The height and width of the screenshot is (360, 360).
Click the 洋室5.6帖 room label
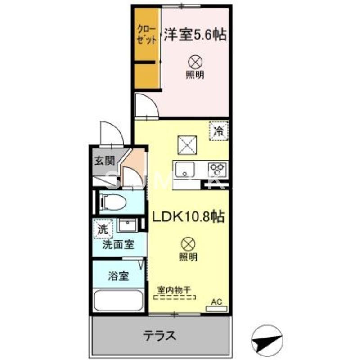(194, 34)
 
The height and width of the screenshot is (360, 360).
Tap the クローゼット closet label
(147, 35)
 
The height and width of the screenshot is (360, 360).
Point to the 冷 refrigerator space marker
(219, 131)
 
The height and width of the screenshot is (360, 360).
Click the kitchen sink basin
(184, 171)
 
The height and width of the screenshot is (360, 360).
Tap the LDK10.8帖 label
(188, 217)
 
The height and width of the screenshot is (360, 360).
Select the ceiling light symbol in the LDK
(188, 244)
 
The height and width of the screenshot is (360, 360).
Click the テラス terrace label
(159, 335)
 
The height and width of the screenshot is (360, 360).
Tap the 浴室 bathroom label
(118, 276)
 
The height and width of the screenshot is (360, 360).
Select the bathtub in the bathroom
(118, 299)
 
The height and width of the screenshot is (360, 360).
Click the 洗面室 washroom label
(118, 245)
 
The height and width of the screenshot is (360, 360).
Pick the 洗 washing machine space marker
(103, 228)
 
